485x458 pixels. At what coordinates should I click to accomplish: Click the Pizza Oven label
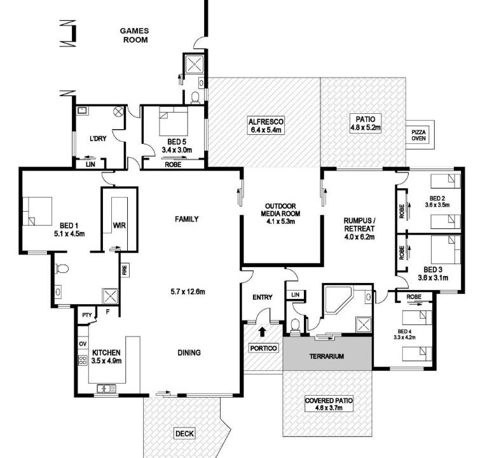coord(418,135)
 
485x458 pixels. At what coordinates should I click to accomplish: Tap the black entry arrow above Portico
coord(262,331)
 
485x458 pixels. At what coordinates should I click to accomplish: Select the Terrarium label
coord(327,356)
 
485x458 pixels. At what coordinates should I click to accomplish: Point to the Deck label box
coord(184,434)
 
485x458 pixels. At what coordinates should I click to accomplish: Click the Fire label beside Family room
coord(125,270)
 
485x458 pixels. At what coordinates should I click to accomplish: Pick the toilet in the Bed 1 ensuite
coord(61,268)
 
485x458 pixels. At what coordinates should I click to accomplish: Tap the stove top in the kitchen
coord(83,360)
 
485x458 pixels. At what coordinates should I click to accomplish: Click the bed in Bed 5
coord(174,121)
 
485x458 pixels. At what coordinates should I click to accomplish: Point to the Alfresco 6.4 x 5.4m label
coord(266,126)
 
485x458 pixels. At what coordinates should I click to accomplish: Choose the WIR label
coord(119,226)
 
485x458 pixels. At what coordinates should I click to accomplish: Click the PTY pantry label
coord(87,315)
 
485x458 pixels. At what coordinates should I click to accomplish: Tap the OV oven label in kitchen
coord(83,344)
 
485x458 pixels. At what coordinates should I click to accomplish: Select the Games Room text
coord(134,35)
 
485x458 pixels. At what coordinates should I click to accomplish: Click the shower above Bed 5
coord(194,64)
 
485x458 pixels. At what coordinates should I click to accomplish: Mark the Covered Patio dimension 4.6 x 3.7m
coord(329,408)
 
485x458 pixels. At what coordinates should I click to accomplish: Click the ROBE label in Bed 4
coord(414,297)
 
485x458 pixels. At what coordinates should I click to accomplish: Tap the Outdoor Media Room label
coord(280,214)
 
